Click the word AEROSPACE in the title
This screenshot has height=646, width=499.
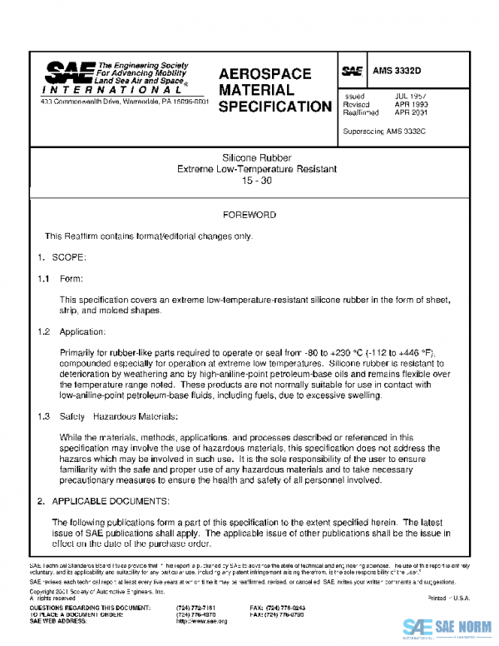(264, 74)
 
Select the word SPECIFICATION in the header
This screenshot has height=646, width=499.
(274, 107)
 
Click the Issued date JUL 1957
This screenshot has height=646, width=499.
(411, 97)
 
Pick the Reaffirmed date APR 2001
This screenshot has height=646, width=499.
(411, 112)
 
